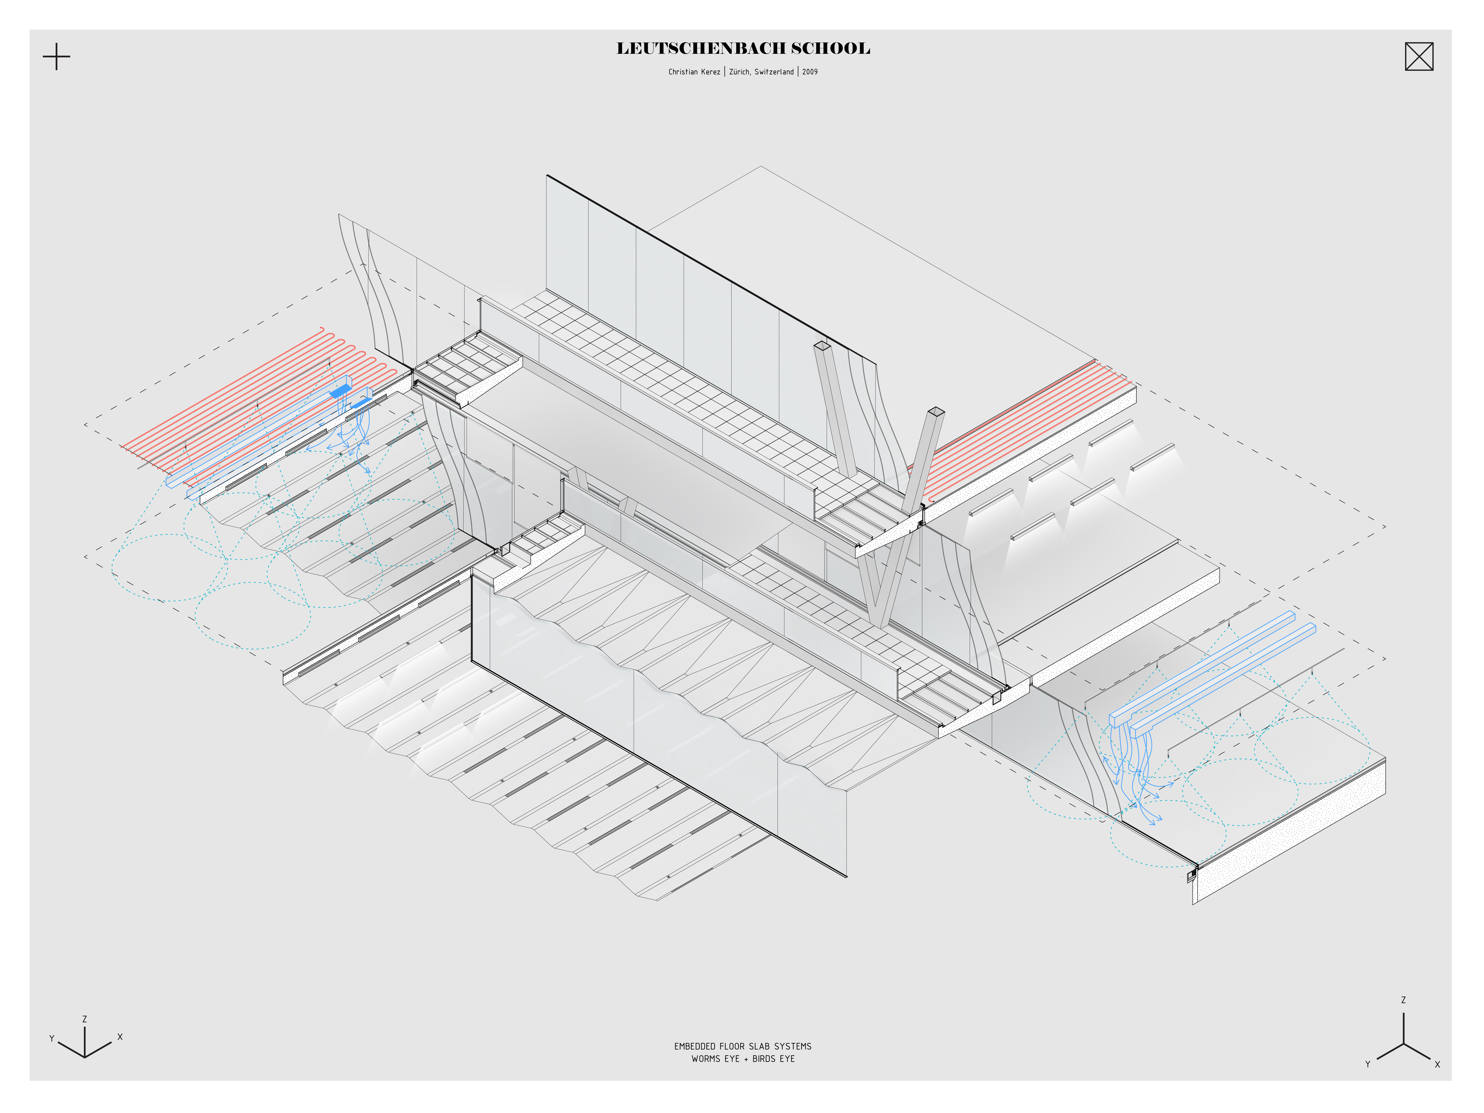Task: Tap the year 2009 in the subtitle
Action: (x=810, y=72)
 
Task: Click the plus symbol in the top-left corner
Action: (x=56, y=56)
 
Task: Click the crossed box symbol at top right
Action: (x=1419, y=56)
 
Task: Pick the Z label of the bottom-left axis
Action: (x=85, y=1019)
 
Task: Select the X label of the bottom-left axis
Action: (x=120, y=1037)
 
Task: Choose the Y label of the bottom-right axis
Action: (x=1367, y=1064)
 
